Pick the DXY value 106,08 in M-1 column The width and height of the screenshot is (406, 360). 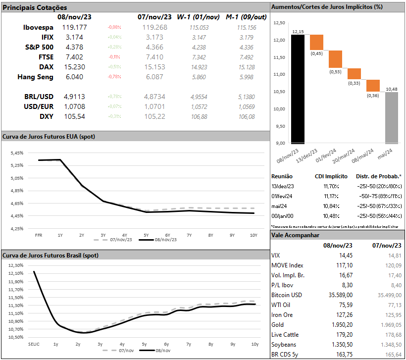click(246, 116)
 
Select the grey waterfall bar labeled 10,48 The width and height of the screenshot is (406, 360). click(392, 118)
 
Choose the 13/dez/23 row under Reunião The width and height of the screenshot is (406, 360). click(283, 186)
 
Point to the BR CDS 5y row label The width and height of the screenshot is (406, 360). click(286, 354)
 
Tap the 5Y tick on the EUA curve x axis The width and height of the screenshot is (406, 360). click(146, 235)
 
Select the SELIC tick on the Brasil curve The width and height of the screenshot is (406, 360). click(34, 344)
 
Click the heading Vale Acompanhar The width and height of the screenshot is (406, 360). click(295, 235)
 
